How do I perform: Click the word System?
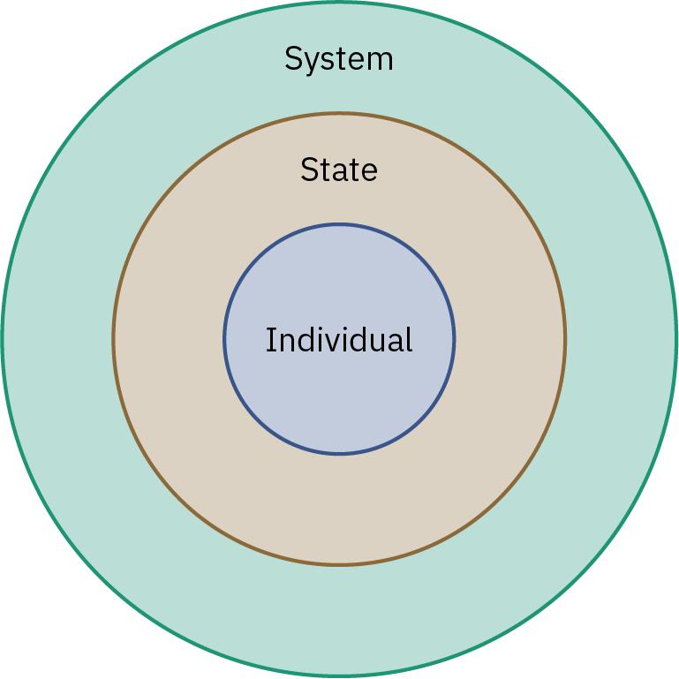click(x=339, y=59)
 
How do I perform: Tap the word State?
click(x=339, y=169)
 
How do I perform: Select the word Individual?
click(x=339, y=340)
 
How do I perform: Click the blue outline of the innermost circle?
click(x=339, y=225)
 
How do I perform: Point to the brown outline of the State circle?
click(x=339, y=114)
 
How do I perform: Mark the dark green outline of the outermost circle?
click(x=339, y=3)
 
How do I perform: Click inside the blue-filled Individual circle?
click(x=339, y=397)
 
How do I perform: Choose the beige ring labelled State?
click(x=339, y=503)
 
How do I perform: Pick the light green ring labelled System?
click(x=339, y=618)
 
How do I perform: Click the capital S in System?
click(x=293, y=59)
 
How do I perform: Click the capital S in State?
click(x=308, y=169)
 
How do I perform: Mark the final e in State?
click(x=369, y=170)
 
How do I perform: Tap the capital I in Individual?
click(x=270, y=340)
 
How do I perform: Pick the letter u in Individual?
click(x=372, y=342)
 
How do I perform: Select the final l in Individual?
click(x=409, y=340)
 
